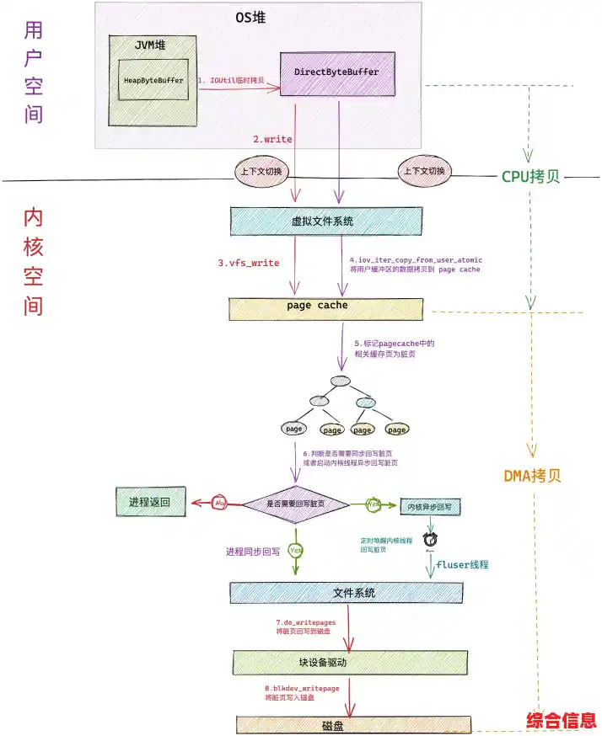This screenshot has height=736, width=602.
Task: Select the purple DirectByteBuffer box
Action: [x=337, y=72]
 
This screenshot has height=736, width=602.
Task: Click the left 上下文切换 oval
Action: [x=261, y=172]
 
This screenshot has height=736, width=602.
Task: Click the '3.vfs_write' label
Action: [x=249, y=263]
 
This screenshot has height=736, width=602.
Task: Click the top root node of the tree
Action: [x=340, y=381]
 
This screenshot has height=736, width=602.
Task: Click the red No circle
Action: [x=221, y=502]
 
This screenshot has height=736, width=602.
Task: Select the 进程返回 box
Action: [x=149, y=502]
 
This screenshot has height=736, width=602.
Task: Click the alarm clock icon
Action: [x=430, y=539]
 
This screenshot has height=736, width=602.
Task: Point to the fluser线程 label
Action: [x=462, y=564]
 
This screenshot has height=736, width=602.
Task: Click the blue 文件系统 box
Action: [x=348, y=593]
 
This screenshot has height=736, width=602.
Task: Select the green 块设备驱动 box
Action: [x=347, y=663]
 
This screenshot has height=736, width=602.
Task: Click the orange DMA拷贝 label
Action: [x=532, y=475]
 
